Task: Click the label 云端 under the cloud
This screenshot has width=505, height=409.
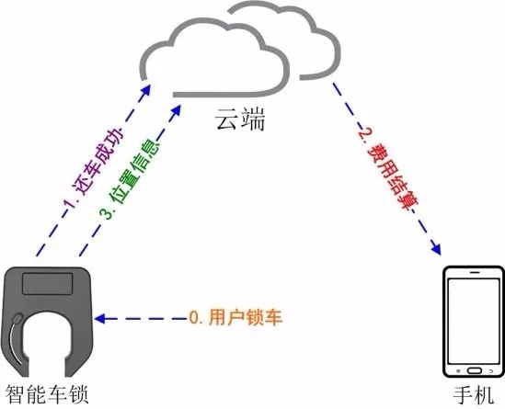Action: coord(240,119)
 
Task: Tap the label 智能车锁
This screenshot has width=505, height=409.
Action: coord(47,394)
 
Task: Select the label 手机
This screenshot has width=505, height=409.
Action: coord(473,395)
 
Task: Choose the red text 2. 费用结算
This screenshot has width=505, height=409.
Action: coord(388,170)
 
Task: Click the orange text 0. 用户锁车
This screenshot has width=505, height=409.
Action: coord(235,317)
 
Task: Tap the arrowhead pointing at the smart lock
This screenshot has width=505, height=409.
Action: coord(100,319)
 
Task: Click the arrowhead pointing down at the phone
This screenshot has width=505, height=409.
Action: coord(436,249)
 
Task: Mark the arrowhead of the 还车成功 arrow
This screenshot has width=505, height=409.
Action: coord(146,90)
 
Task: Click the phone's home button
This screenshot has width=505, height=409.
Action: coord(474,370)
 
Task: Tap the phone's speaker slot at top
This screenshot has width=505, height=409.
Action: coord(474,272)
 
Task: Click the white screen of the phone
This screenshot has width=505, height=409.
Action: coord(474,321)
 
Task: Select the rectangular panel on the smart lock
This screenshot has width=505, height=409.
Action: coord(47,284)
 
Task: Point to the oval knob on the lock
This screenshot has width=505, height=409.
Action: coord(17,318)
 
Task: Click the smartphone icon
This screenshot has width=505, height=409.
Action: coord(474,322)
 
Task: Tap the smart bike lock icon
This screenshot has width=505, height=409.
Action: coord(47,322)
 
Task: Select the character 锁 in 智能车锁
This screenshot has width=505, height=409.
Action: coord(78,394)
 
